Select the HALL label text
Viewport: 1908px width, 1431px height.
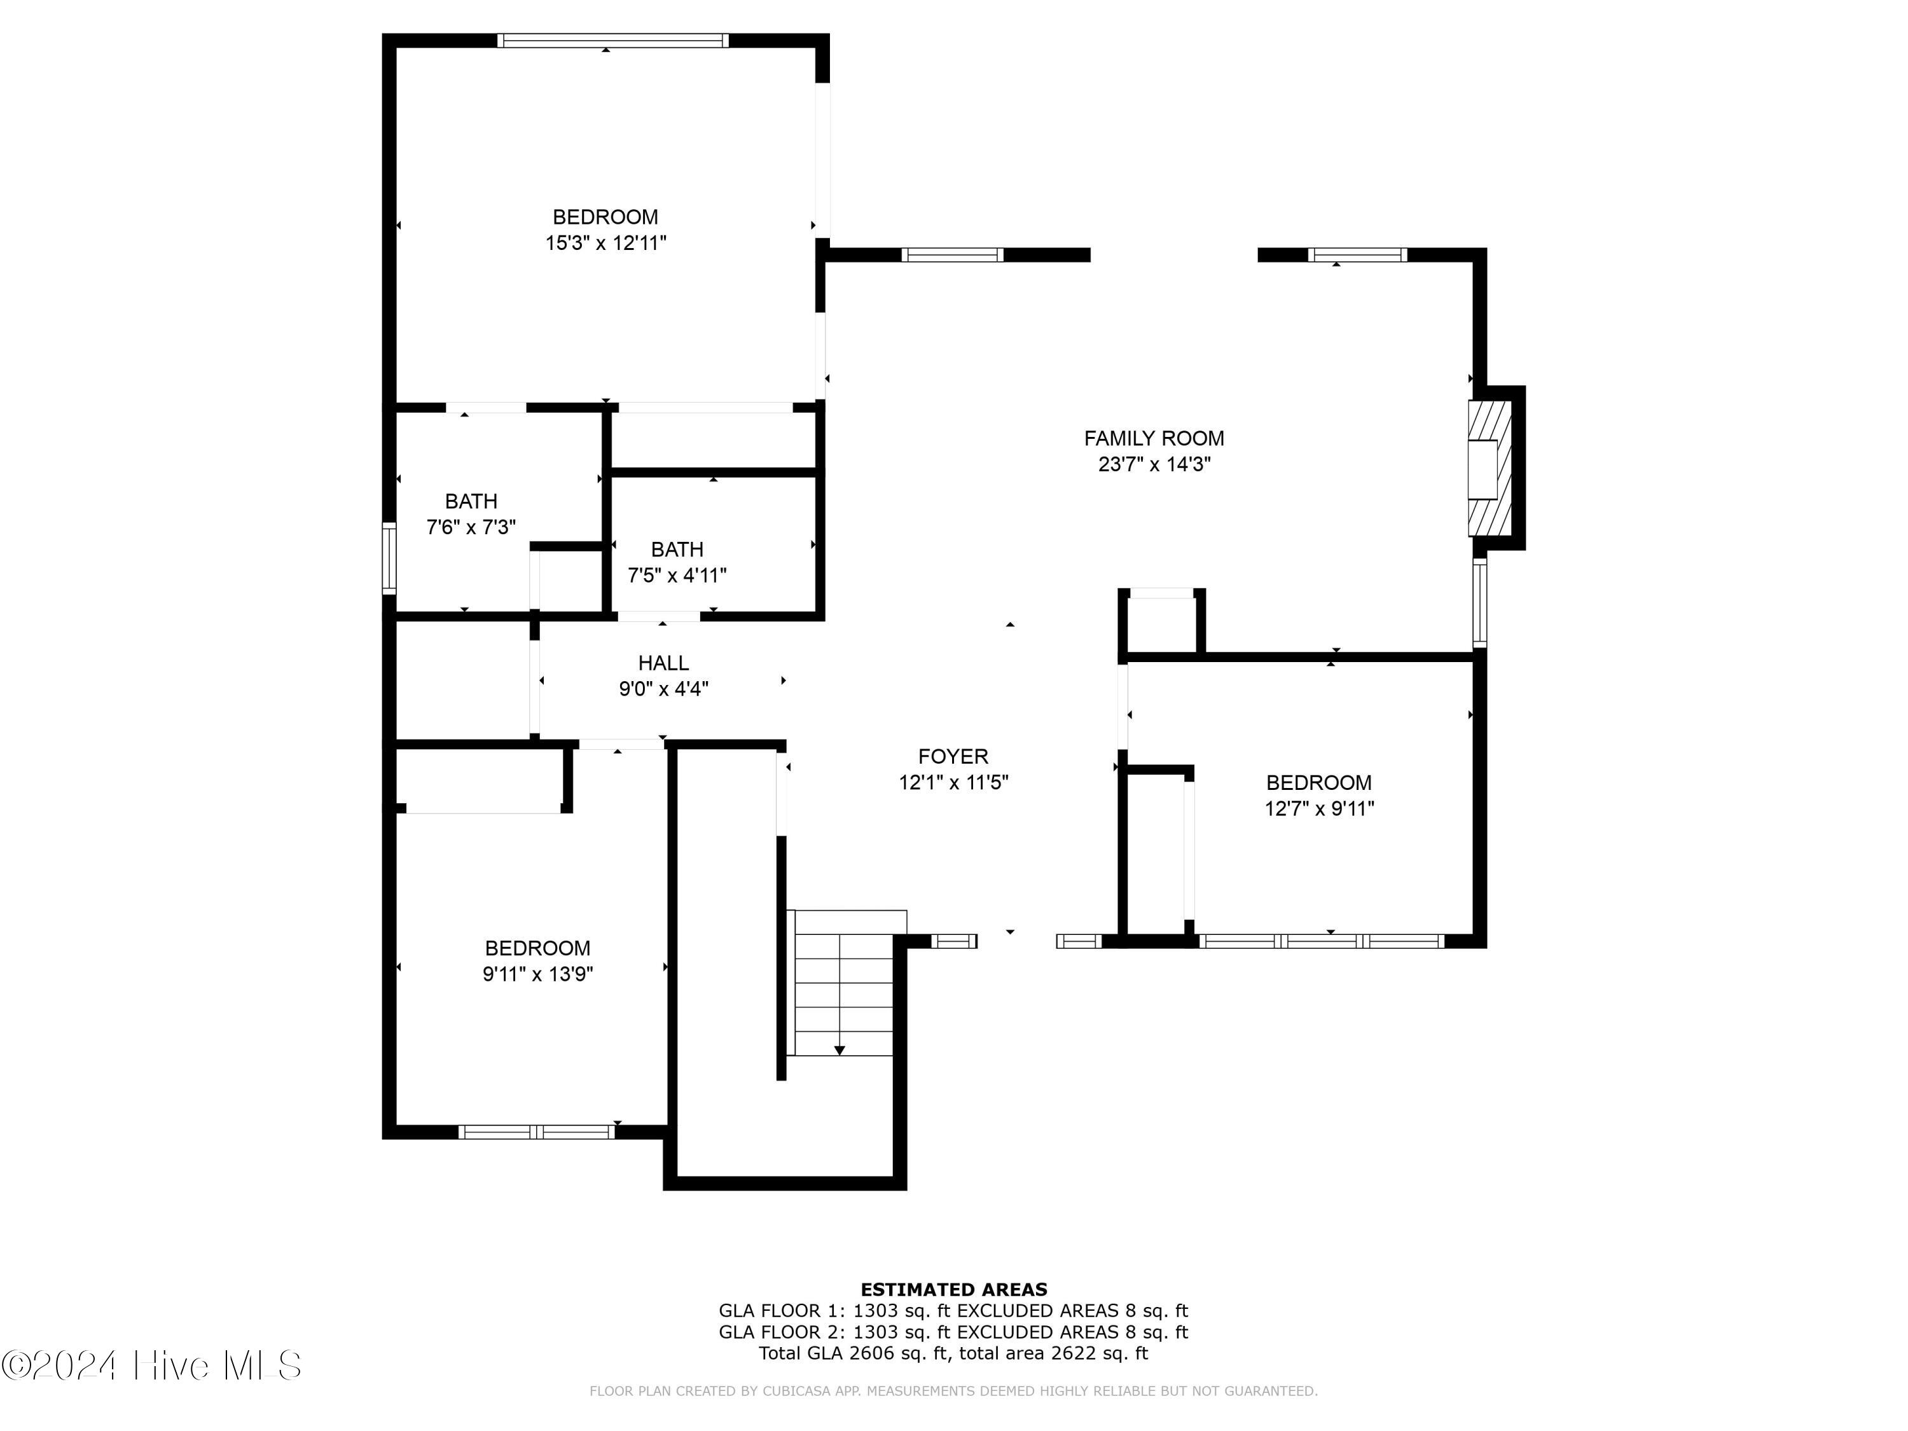663,663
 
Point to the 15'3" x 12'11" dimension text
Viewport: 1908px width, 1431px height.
605,243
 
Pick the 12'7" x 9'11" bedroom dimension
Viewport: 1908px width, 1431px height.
1319,808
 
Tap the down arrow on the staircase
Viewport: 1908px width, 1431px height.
840,1050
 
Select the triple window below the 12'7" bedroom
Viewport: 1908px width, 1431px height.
1322,941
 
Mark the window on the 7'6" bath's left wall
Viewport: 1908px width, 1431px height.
389,558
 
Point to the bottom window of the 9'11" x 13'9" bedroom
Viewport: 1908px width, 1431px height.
537,1131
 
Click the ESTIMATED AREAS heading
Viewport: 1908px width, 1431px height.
953,1290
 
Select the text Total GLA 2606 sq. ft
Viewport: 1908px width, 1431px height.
854,1353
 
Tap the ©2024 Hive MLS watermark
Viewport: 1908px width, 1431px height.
152,1365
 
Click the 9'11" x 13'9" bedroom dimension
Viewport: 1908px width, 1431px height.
537,974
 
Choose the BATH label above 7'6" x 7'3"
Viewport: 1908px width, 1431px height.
471,501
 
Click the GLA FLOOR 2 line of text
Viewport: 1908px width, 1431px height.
953,1332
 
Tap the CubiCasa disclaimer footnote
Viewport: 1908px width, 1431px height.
953,1390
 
